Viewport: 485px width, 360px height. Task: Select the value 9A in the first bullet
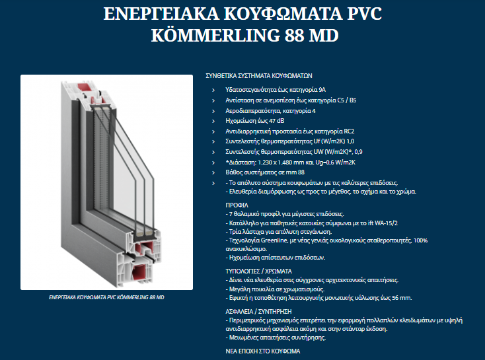coord(322,89)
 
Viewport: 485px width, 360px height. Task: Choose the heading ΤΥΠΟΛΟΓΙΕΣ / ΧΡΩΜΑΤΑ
coord(258,271)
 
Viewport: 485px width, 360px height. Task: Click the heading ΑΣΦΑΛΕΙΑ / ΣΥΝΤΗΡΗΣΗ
coord(258,310)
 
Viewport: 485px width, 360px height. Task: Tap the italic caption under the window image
coord(106,297)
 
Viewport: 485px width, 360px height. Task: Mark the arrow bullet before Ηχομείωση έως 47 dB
coord(213,121)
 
